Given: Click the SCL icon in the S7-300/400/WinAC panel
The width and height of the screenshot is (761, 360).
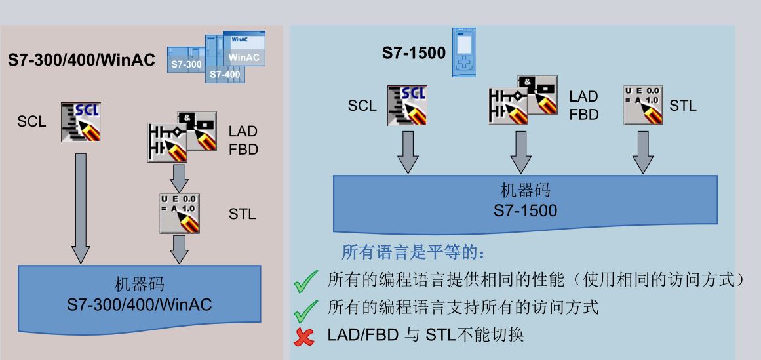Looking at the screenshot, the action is (81, 122).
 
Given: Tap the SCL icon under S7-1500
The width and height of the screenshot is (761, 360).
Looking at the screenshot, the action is (407, 106).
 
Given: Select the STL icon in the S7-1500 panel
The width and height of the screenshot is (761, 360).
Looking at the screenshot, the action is (643, 106).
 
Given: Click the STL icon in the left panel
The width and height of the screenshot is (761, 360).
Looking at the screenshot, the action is (180, 214).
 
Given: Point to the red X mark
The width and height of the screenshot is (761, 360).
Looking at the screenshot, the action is (304, 336).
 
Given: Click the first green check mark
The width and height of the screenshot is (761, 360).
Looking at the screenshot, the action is (305, 281).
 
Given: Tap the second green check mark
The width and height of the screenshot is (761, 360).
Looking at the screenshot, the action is (305, 311).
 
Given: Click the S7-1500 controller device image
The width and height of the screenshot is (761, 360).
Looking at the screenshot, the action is (464, 52).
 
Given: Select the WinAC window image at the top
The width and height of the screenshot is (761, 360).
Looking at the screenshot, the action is (244, 49).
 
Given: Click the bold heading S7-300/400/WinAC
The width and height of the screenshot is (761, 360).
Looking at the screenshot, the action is (81, 60).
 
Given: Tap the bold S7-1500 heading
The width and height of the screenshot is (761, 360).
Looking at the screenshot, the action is (414, 52).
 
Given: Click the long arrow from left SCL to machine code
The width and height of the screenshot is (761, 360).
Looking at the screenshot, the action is (81, 209).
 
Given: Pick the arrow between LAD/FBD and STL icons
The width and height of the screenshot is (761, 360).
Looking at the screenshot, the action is (179, 178).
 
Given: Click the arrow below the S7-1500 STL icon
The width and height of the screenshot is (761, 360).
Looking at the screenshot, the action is (643, 153).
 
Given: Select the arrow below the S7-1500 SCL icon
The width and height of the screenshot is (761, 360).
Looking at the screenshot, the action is (408, 153).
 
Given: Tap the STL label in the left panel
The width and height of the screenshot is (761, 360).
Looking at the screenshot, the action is (242, 214).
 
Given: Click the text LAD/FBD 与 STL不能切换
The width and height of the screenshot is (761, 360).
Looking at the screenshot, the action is (425, 335).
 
